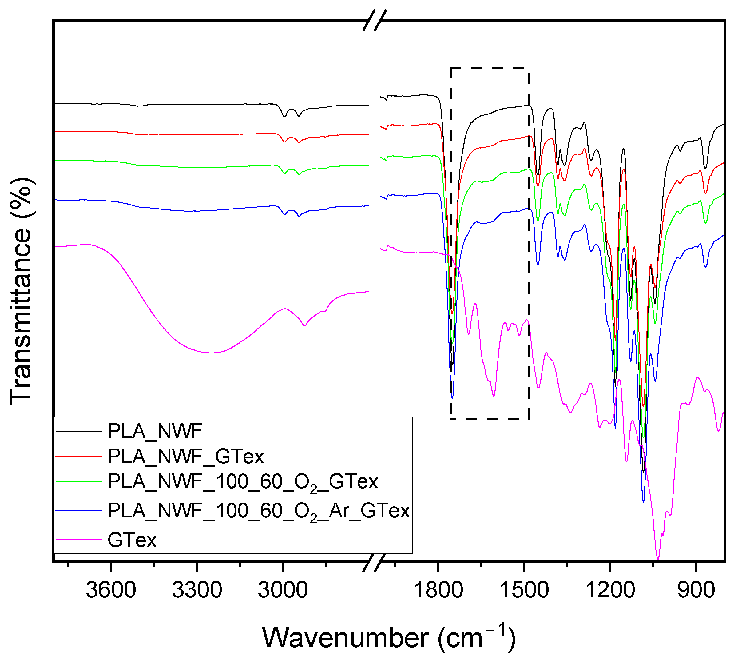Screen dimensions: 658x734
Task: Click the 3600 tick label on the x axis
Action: coord(111,590)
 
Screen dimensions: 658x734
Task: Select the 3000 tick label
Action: coord(283,590)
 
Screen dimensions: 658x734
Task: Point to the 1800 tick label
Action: coord(438,590)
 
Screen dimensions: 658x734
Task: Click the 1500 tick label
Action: coord(524,590)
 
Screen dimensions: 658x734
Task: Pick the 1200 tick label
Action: coord(610,590)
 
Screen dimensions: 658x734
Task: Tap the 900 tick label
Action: coord(696,590)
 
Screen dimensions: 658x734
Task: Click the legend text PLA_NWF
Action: coord(155,431)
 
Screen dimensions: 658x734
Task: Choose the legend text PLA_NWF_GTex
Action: coord(186,456)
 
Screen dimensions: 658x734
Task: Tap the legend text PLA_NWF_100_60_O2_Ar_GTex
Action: coord(258,511)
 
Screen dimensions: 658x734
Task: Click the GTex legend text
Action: coord(132,540)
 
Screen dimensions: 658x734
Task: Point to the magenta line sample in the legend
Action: coord(79,540)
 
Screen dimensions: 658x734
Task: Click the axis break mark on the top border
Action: coord(375,20)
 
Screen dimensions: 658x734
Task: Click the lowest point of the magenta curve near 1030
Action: coord(658,559)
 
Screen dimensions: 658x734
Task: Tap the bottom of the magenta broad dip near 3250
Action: coord(212,353)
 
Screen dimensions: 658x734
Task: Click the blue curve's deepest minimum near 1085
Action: coord(643,502)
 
